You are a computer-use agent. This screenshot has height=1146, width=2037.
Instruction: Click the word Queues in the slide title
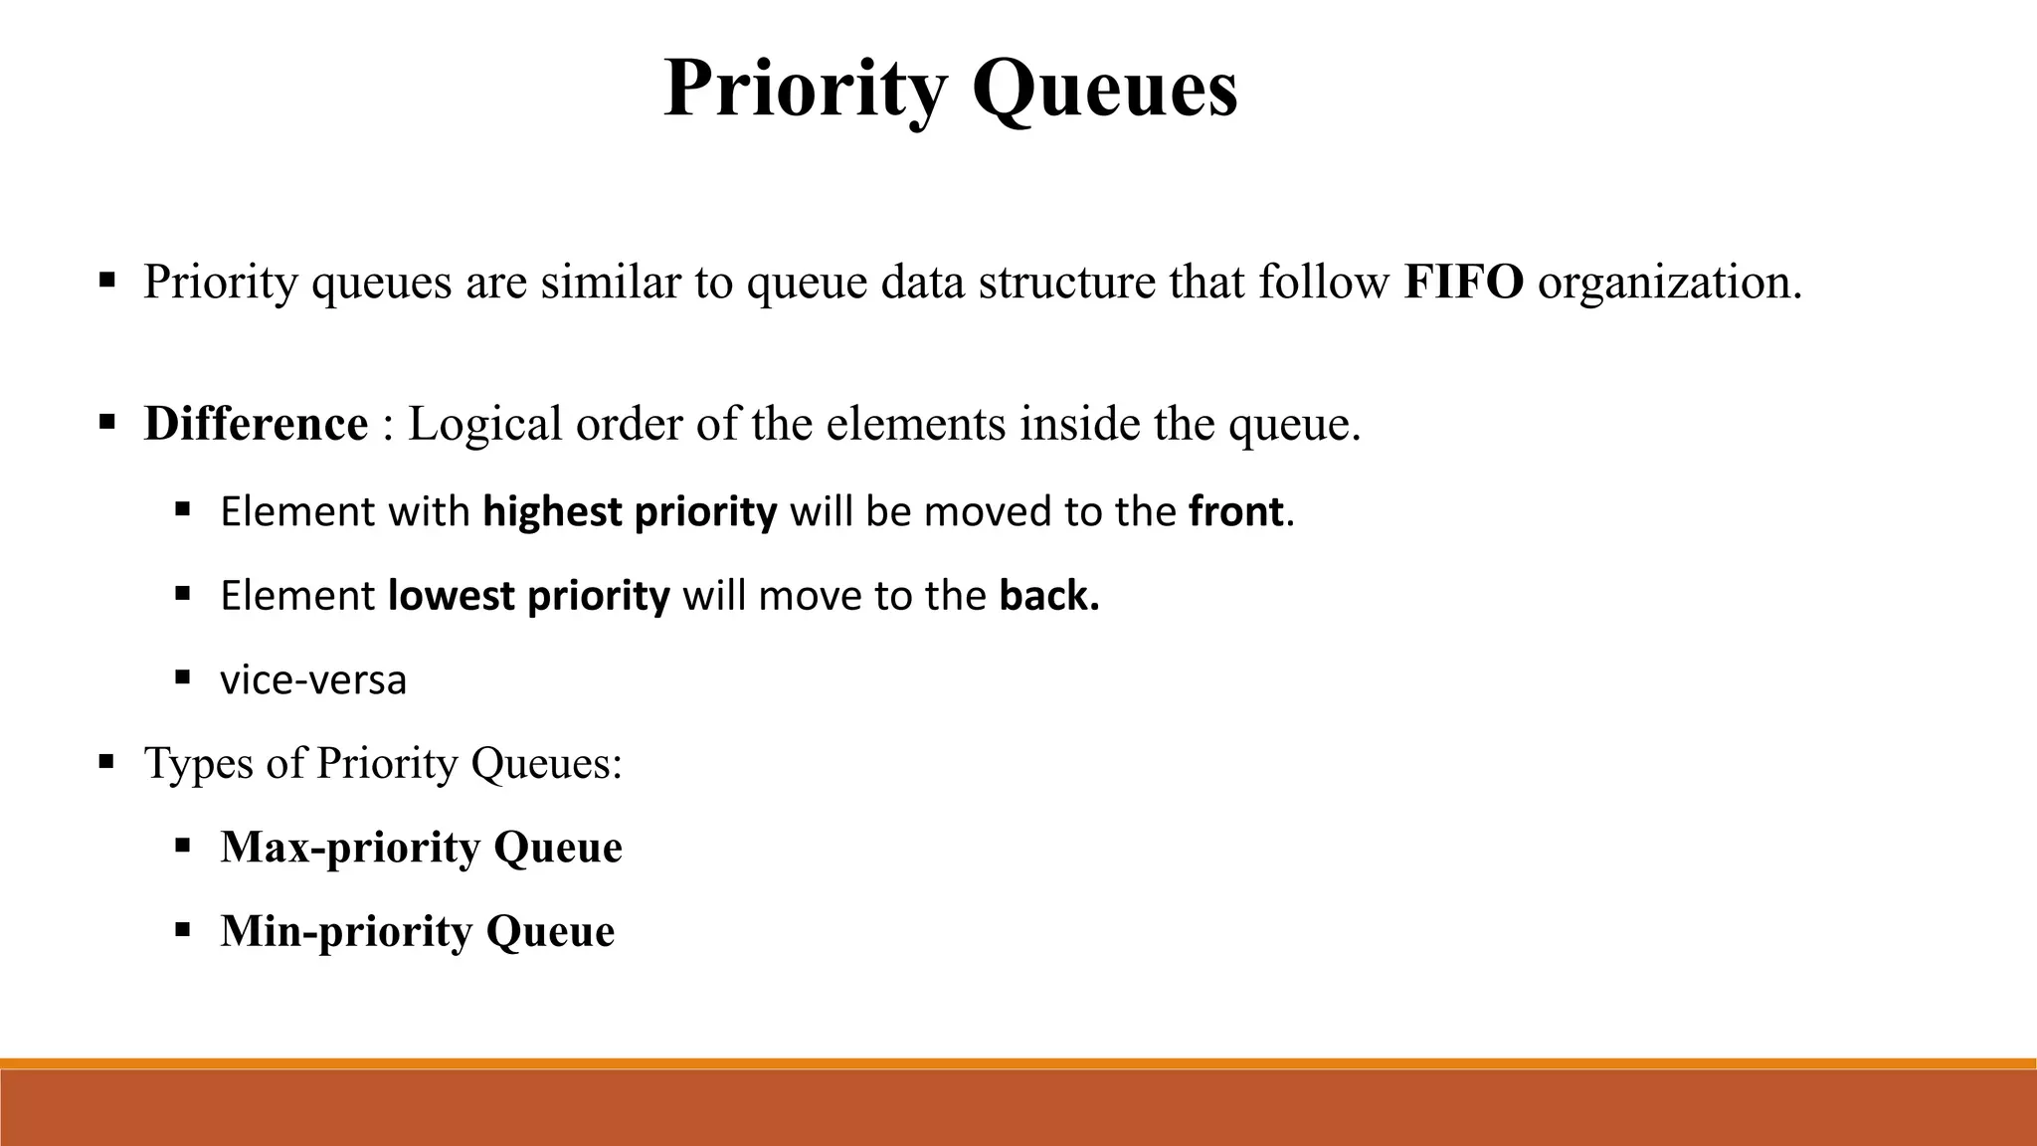point(1104,90)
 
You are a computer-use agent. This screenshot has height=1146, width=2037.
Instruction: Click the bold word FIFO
point(1463,282)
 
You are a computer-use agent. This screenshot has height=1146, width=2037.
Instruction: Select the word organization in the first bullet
point(1669,284)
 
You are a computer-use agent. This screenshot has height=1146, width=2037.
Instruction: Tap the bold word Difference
point(256,425)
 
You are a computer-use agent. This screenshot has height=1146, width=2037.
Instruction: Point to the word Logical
point(485,425)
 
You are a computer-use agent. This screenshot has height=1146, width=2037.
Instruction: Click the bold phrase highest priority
point(630,512)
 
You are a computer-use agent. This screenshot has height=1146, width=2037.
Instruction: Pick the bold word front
point(1235,512)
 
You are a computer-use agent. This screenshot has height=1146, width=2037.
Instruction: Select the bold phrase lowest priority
point(529,596)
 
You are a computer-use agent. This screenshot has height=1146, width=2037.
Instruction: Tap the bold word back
point(1048,596)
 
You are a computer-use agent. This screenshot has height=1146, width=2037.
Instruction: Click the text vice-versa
point(313,680)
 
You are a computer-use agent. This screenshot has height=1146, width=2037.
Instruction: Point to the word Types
point(199,764)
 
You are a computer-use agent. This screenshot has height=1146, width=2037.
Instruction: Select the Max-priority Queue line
point(421,848)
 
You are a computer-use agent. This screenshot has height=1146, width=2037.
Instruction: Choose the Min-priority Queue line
point(417,932)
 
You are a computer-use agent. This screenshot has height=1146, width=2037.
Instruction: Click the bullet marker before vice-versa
point(182,678)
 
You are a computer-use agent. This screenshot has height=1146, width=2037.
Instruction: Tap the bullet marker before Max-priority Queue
point(182,847)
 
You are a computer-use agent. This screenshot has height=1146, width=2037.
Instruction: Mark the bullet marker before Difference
point(106,422)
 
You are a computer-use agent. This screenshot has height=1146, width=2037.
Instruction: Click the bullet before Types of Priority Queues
point(106,763)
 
